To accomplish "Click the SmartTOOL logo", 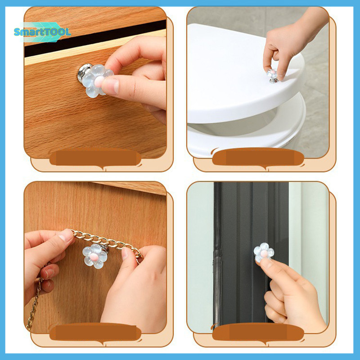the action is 42,32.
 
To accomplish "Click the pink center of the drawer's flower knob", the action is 99,81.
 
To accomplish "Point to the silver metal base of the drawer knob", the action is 83,73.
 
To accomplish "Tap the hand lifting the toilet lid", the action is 292,41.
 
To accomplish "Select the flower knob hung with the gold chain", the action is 95,255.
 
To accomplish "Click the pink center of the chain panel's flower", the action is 94,256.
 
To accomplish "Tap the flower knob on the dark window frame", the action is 264,252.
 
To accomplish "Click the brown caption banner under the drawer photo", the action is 95,158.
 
